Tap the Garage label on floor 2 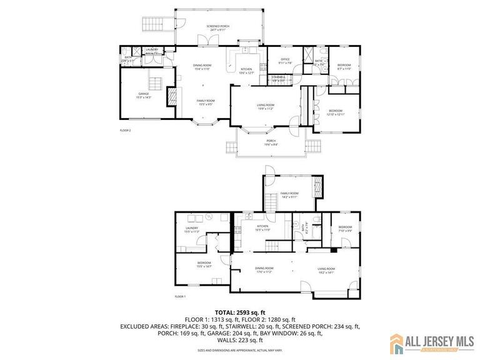pyautogui.click(x=144, y=96)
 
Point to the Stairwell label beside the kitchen pyautogui.click(x=278, y=79)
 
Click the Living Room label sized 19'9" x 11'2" pyautogui.click(x=266, y=106)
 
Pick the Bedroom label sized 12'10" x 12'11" pyautogui.click(x=336, y=112)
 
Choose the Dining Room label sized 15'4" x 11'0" pyautogui.click(x=201, y=67)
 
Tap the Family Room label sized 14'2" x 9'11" pyautogui.click(x=289, y=195)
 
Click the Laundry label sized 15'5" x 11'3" pyautogui.click(x=191, y=229)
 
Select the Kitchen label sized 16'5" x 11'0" pyautogui.click(x=262, y=227)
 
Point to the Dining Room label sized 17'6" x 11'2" pyautogui.click(x=265, y=270)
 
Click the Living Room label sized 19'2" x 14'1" pyautogui.click(x=326, y=270)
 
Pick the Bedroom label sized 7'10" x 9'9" pyautogui.click(x=346, y=229)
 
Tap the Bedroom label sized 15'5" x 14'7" pyautogui.click(x=204, y=264)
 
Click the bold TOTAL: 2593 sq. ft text pyautogui.click(x=240, y=311)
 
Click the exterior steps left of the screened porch pyautogui.click(x=152, y=24)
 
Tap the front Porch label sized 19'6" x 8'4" pyautogui.click(x=271, y=142)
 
